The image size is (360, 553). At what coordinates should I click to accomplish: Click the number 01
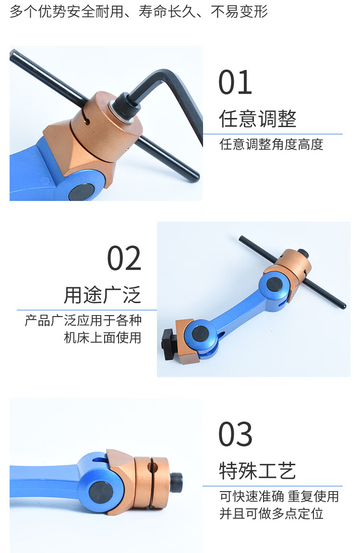[x=235, y=82]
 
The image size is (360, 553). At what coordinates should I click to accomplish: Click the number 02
[x=124, y=258]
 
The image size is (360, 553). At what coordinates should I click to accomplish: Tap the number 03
[x=235, y=434]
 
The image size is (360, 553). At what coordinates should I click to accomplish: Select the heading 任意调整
[x=258, y=118]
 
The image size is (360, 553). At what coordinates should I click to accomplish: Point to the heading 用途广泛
[x=102, y=295]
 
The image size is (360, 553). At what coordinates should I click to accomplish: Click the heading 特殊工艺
[x=258, y=471]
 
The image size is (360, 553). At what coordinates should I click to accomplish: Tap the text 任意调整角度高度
[x=271, y=144]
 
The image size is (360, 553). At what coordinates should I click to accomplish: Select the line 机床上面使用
[x=102, y=338]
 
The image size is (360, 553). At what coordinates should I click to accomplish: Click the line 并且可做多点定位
[x=271, y=514]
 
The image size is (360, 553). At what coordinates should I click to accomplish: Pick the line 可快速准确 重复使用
[x=279, y=496]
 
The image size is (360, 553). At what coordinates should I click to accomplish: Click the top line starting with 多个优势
[x=139, y=12]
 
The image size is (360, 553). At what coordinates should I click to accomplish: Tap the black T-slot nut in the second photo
[x=169, y=343]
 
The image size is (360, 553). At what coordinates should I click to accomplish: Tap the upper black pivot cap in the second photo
[x=274, y=284]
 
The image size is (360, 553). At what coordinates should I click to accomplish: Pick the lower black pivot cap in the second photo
[x=200, y=333]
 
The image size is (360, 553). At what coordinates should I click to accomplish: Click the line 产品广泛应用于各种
[x=84, y=320]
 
